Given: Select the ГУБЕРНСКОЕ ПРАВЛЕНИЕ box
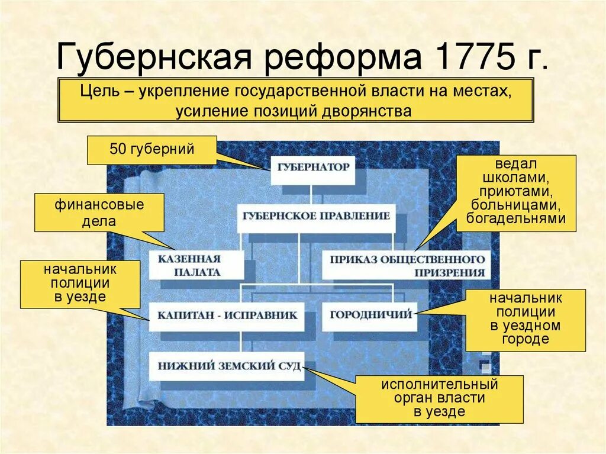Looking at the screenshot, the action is [x=316, y=215].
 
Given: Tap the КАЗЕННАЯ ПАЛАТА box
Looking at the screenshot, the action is [x=195, y=265].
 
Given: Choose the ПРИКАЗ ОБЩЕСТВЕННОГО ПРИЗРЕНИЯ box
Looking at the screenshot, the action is [x=407, y=266].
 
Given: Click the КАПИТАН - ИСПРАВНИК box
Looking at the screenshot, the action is [x=227, y=315].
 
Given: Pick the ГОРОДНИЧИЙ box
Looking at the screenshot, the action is [x=369, y=315].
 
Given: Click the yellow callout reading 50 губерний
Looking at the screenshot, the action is [x=152, y=149].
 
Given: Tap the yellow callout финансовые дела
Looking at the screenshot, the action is [x=99, y=213].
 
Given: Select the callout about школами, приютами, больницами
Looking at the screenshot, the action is [x=516, y=192].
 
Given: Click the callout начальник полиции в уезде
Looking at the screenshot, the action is [x=79, y=283].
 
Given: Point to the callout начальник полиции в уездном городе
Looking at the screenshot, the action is [x=525, y=320].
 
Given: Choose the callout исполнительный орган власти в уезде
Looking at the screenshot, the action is [x=439, y=398].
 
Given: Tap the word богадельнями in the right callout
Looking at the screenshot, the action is [x=516, y=218].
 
